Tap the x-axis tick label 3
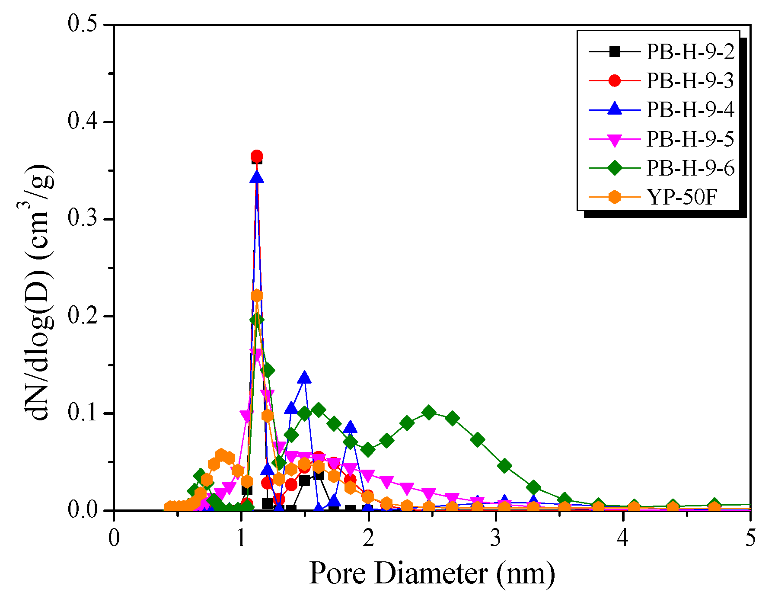(496, 538)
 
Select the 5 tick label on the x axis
(751, 538)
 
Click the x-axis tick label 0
(114, 538)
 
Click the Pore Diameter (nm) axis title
(431, 574)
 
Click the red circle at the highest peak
(257, 156)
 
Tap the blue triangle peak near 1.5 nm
(304, 378)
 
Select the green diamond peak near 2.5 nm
(429, 412)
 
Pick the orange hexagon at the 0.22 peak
(257, 296)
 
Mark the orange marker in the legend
(614, 197)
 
